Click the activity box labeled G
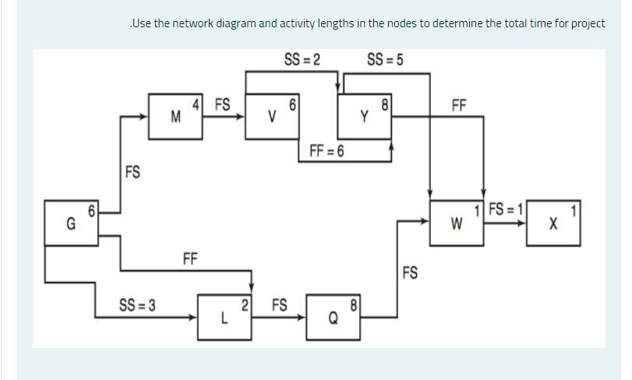click(x=71, y=223)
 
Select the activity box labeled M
click(x=176, y=117)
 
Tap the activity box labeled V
click(x=272, y=117)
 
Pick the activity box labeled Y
click(x=365, y=117)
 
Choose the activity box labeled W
click(x=457, y=223)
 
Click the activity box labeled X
click(x=553, y=223)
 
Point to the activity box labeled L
click(x=224, y=317)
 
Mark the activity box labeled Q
click(x=334, y=317)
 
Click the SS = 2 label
click(x=302, y=60)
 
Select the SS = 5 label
click(x=385, y=60)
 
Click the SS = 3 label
click(x=137, y=304)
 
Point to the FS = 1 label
click(x=505, y=209)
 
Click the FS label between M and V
click(x=222, y=104)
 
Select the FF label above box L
click(x=190, y=259)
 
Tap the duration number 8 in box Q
click(x=355, y=305)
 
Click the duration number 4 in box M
click(x=197, y=104)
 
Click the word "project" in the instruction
click(x=588, y=23)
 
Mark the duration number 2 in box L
click(x=245, y=305)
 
